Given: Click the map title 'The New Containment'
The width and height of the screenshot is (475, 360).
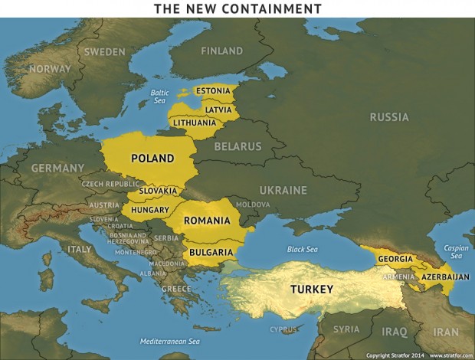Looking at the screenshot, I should tap(237, 8).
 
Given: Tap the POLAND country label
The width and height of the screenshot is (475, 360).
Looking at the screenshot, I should tap(152, 159).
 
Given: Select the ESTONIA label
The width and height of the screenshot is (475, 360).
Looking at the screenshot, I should tap(212, 91).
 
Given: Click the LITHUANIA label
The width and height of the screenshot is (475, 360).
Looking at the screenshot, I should tap(194, 123).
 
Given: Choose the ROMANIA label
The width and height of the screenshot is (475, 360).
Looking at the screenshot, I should tap(206, 221).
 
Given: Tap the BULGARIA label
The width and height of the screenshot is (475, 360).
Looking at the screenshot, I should tap(208, 252).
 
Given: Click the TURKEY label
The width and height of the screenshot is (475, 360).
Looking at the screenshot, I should tap(311, 290).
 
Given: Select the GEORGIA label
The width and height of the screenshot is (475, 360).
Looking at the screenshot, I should tap(395, 259).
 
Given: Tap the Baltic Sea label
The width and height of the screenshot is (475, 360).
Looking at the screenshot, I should tap(159, 97).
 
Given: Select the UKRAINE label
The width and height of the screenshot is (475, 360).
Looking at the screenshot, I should tap(283, 190).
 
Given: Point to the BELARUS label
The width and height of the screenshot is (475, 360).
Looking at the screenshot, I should tap(237, 146).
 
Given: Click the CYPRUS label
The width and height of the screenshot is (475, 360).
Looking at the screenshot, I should tap(283, 330).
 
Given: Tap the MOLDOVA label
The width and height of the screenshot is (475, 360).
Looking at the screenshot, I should tap(253, 205).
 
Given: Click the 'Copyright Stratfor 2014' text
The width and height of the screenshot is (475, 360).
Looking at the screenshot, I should tap(395, 355).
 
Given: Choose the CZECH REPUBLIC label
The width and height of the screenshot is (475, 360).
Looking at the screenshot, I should tap(110, 185).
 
